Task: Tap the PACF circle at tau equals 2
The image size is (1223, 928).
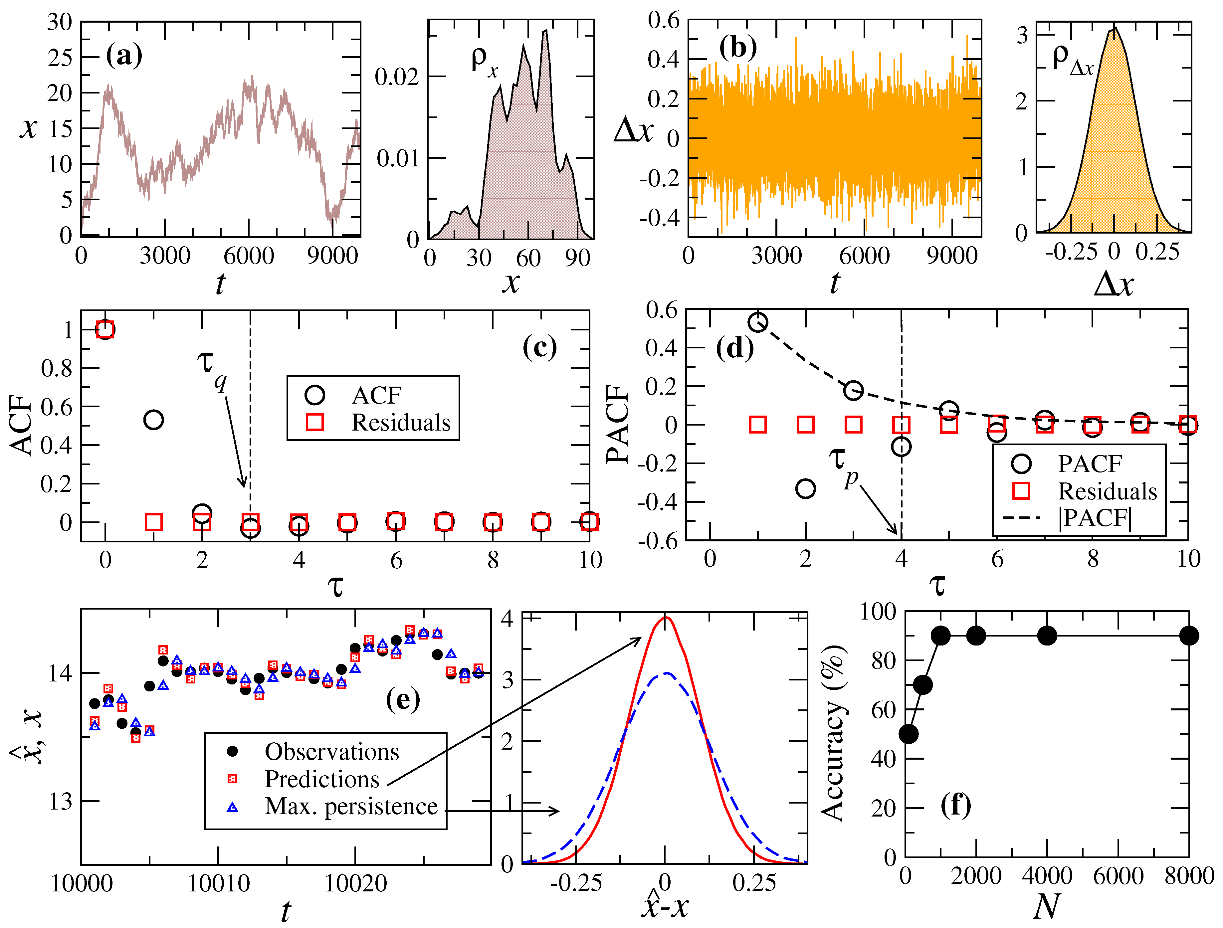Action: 806,488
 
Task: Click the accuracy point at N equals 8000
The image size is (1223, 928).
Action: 1189,636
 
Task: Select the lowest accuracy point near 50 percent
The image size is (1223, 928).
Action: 909,734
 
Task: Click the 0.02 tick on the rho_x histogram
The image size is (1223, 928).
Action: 397,77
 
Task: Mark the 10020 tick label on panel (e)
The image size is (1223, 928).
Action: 355,883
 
